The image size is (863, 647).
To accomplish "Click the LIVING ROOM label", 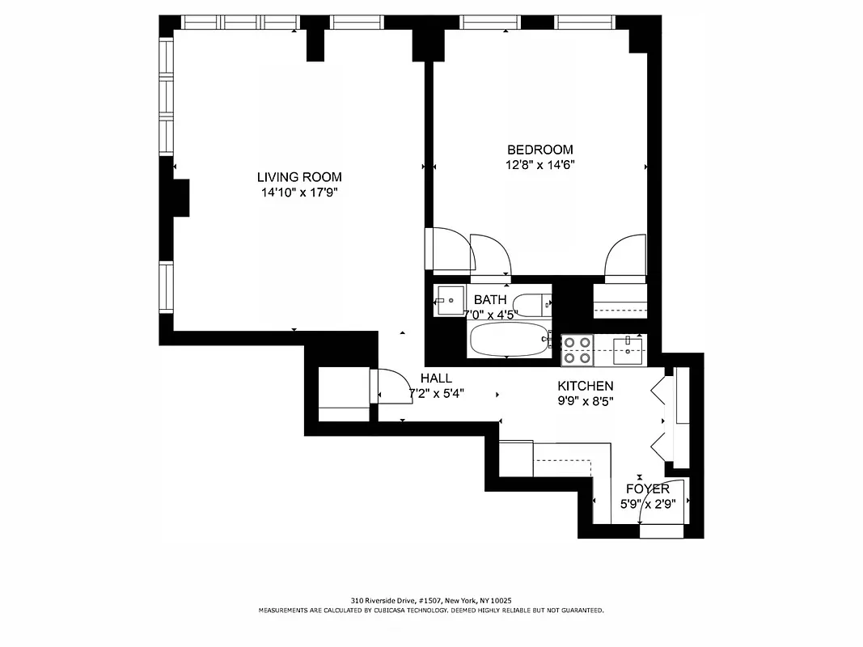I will coord(299,177).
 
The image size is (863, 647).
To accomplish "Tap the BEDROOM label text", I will coord(539,150).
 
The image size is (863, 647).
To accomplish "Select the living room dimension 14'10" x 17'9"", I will coord(299,192).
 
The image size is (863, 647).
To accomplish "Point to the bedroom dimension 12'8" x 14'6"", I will coord(539,165).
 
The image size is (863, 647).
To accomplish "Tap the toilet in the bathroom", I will coord(535,306).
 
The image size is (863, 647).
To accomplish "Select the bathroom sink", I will coord(449,300).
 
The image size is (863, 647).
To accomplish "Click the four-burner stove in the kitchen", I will coord(577,349).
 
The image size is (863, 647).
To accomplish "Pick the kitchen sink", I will coord(628,349).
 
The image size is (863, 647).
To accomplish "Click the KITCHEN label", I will coord(585,387).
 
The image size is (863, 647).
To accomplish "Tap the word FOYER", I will coord(647,489).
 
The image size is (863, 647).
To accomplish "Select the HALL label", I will coord(436,378).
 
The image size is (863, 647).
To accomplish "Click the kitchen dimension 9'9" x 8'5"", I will coord(585,401).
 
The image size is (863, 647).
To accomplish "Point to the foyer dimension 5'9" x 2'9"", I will coord(647,503).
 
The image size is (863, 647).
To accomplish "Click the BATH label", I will coord(490,300).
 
